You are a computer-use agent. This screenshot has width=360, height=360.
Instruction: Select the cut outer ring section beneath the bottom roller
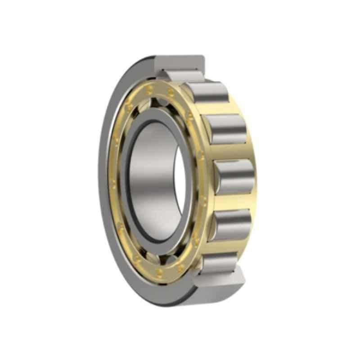[220, 281]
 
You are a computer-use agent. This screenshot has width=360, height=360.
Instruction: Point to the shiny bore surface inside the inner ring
[153, 180]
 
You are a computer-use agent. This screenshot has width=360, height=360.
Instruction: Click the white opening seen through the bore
[180, 180]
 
